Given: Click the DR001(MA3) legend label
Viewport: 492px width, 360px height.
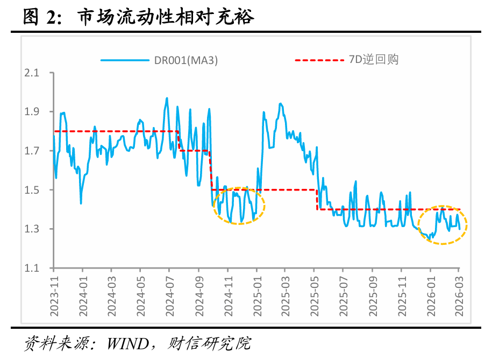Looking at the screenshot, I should point(186,60).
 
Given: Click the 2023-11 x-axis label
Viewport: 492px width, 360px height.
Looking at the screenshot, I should point(53,291).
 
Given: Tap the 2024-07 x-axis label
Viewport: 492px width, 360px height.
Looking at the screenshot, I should point(169,291).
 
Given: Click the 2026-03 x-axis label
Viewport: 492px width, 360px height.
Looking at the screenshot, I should point(459,291).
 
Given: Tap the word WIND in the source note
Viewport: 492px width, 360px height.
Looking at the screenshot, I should point(130,343).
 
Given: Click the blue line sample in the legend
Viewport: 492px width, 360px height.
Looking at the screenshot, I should point(125,60).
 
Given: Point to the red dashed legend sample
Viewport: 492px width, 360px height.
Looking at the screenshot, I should point(317,60).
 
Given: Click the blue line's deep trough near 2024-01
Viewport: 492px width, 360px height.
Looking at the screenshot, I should point(81,203).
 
